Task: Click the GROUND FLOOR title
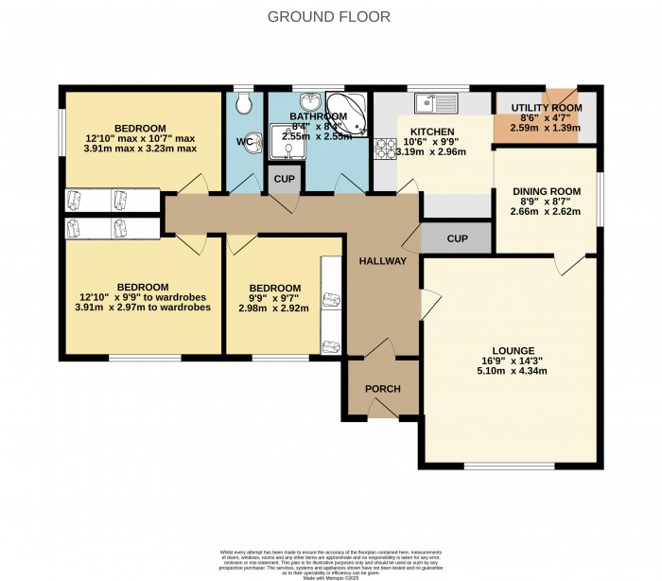(x=329, y=16)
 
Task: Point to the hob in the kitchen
(x=386, y=150)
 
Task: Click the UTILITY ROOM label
(x=546, y=110)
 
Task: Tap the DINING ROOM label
(x=547, y=191)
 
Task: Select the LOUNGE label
(x=514, y=349)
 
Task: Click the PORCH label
(x=383, y=389)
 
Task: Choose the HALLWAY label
(x=382, y=261)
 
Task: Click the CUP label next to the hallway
(x=457, y=238)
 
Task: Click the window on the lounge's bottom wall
(x=501, y=466)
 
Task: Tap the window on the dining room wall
(x=599, y=199)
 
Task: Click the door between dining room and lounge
(x=570, y=263)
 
